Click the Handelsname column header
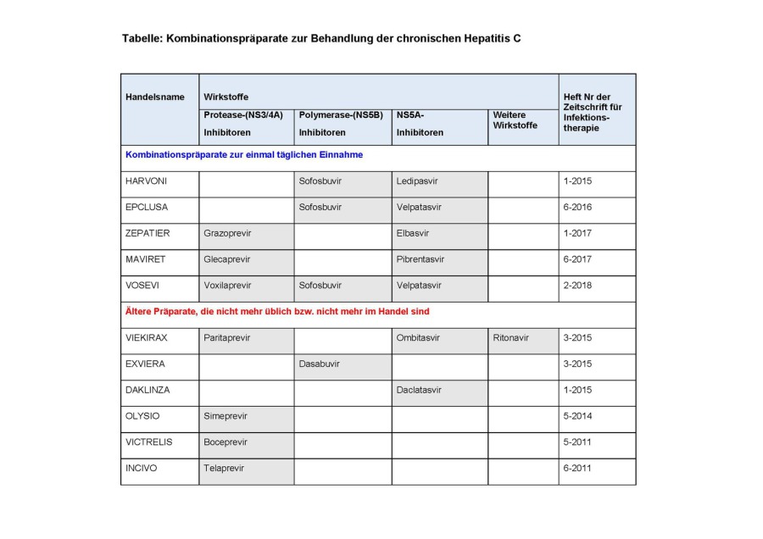154,97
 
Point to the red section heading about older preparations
277,312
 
